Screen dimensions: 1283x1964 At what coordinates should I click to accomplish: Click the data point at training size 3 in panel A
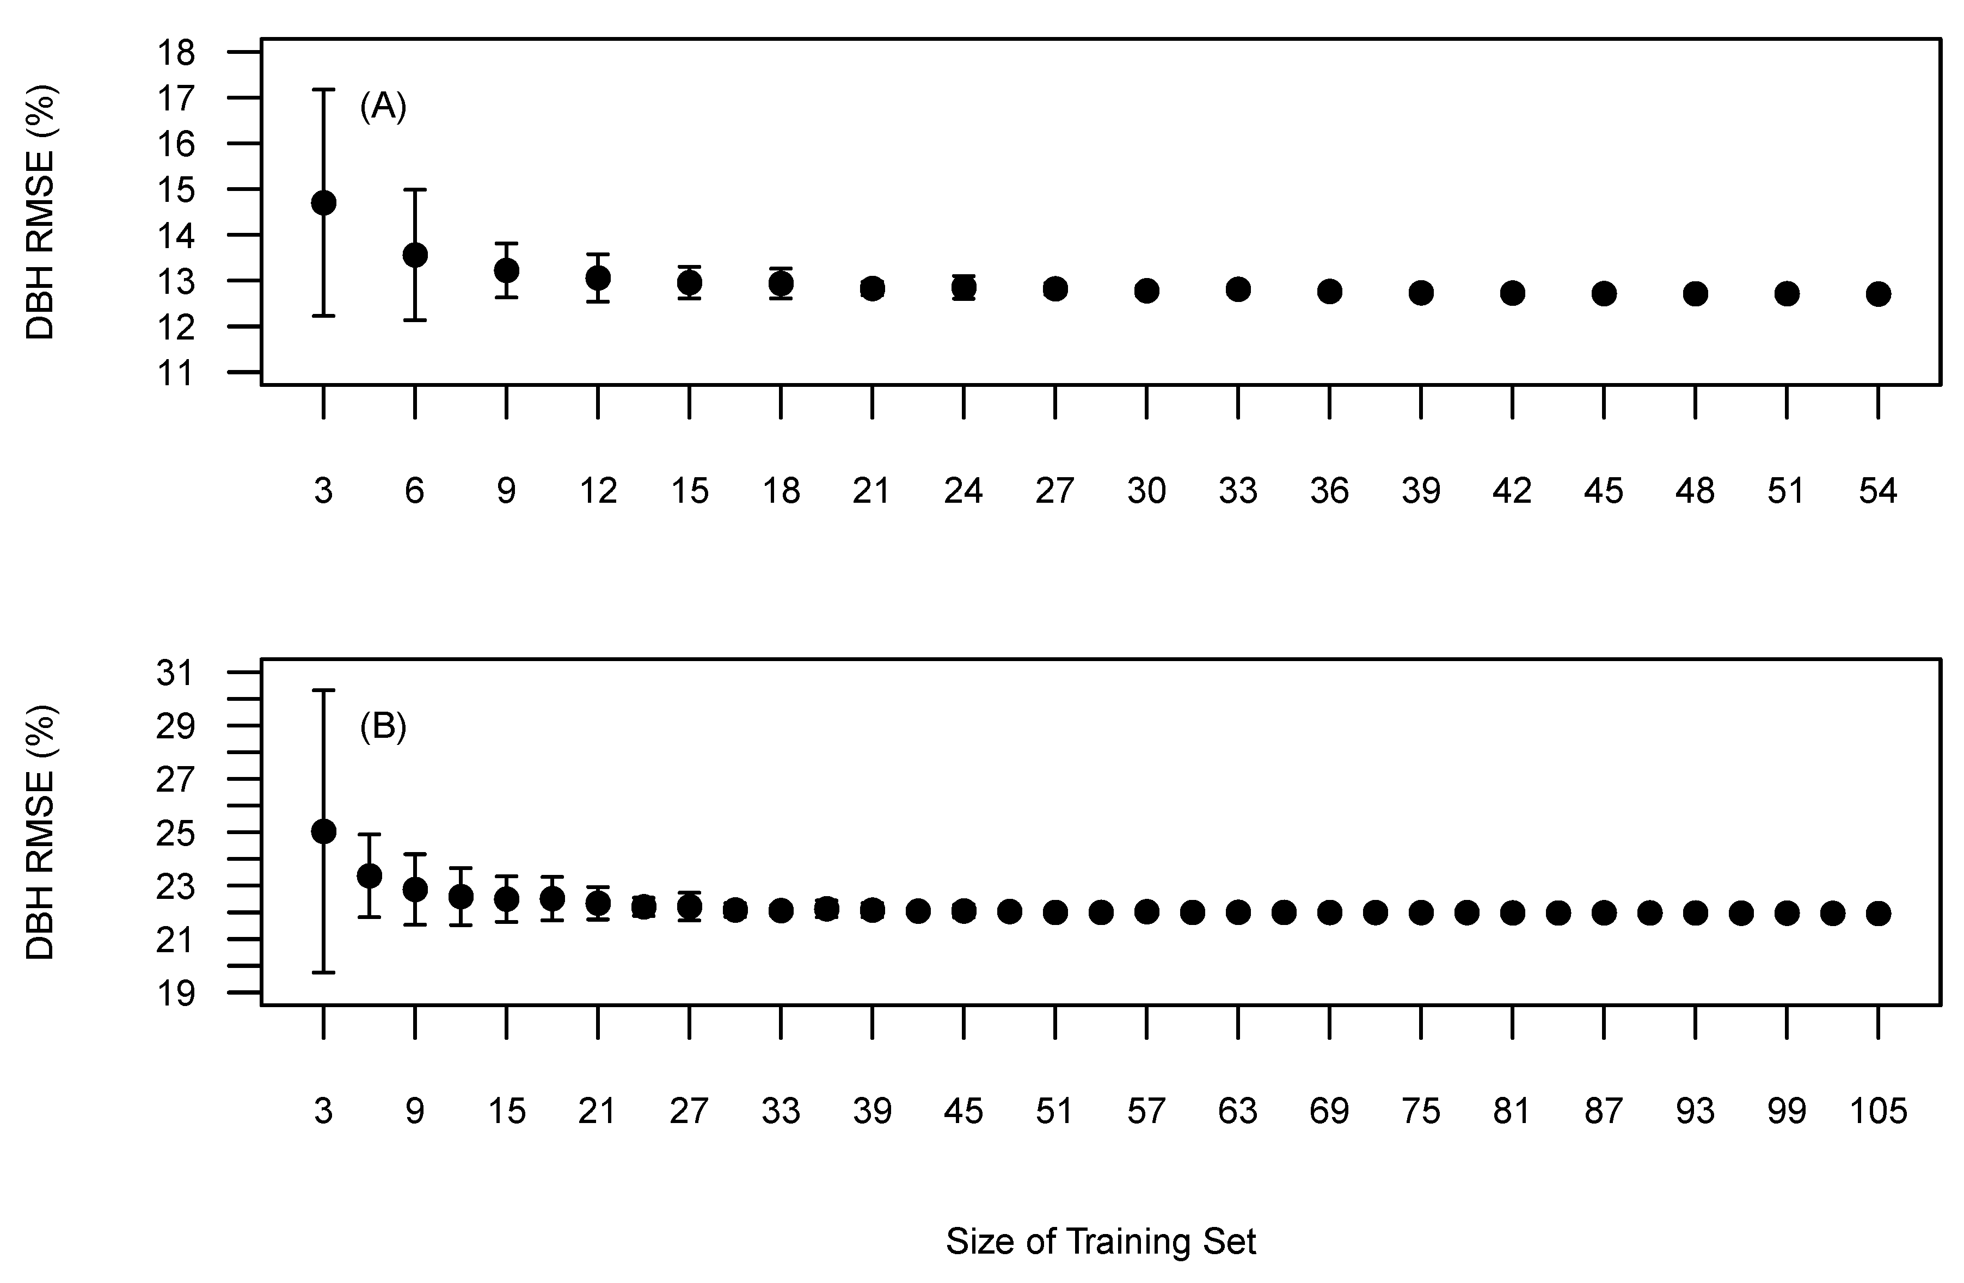(x=323, y=203)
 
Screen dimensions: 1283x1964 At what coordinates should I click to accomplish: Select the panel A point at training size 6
(x=415, y=255)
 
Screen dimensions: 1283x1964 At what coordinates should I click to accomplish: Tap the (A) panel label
(x=383, y=107)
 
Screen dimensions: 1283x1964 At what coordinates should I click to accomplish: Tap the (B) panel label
(x=383, y=727)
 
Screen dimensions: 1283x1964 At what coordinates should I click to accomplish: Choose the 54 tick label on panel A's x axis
(x=1878, y=491)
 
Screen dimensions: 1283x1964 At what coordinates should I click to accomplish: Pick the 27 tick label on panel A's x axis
(x=1054, y=491)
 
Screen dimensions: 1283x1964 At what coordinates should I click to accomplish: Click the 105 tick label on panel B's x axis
(x=1878, y=1112)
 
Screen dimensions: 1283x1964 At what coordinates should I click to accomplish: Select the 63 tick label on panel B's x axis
(x=1238, y=1112)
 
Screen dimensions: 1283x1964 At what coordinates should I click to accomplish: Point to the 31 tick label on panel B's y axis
(x=175, y=673)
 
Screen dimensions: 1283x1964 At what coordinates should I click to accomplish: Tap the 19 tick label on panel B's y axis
(x=175, y=994)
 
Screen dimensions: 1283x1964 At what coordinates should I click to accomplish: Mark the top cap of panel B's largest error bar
(x=323, y=690)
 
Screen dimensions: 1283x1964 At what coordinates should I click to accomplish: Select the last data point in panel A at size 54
(x=1878, y=294)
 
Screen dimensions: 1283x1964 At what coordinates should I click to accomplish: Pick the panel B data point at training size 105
(x=1878, y=914)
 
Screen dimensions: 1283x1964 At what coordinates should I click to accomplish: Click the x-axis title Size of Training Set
(x=1101, y=1242)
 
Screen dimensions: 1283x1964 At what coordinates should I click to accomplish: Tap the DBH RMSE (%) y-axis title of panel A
(x=40, y=212)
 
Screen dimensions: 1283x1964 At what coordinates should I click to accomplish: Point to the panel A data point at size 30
(x=1146, y=291)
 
